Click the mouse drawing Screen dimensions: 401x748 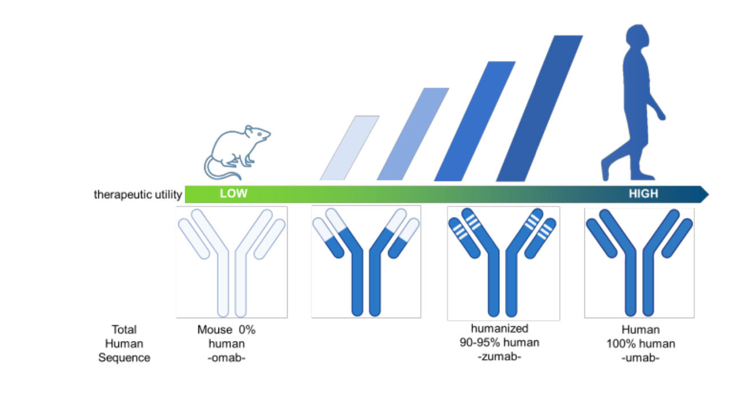tap(238, 151)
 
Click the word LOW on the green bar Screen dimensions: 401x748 tap(233, 194)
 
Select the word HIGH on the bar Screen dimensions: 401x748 tap(643, 194)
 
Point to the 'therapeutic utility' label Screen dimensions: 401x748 tap(138, 195)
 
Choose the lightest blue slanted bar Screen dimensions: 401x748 tap(349, 147)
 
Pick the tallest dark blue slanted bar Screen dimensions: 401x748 tap(539, 109)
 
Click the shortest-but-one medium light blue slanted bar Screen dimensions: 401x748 tap(412, 134)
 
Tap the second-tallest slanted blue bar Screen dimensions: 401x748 tap(475, 121)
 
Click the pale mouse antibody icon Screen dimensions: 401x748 tap(231, 262)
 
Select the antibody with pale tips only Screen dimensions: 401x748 tap(366, 261)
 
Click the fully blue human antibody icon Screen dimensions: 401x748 tap(639, 262)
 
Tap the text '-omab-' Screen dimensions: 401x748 tap(226, 358)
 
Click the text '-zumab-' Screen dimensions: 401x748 tap(499, 357)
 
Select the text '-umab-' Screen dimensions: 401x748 tap(640, 358)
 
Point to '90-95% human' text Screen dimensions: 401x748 tap(499, 343)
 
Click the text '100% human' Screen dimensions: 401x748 tap(640, 344)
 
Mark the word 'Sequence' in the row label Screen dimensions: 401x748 tap(124, 358)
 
